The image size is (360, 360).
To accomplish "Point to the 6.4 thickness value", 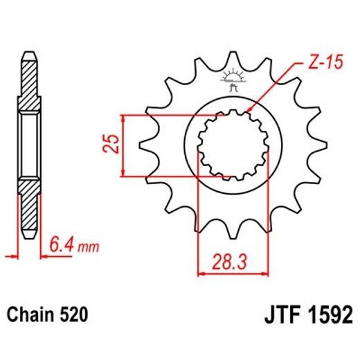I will coord(62,244).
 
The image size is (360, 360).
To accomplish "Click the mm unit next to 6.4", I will coord(87,246).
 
